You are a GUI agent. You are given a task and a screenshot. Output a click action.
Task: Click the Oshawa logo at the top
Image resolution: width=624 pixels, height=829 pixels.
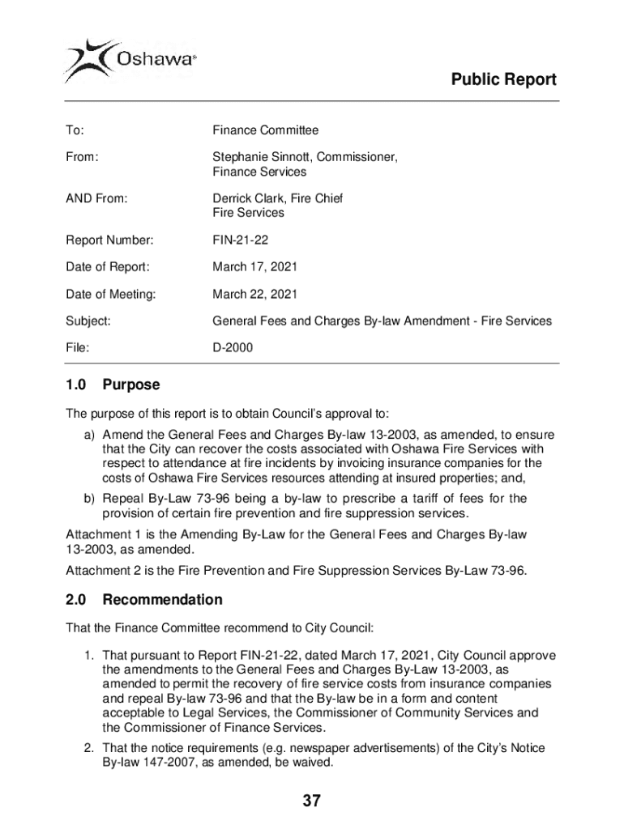pos(130,58)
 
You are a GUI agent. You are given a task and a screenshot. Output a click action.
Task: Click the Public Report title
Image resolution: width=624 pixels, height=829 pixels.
pos(503,79)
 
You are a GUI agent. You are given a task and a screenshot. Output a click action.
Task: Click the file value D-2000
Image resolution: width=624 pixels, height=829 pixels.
pos(233,348)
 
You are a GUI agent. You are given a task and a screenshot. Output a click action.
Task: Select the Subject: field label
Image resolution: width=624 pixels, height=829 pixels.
pos(88,321)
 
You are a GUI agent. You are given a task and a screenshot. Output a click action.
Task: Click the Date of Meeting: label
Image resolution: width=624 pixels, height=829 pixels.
pos(110,294)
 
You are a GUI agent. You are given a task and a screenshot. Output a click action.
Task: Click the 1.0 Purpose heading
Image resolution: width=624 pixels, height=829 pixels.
pos(113,385)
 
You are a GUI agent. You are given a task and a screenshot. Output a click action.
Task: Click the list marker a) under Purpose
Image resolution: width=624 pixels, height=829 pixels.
pos(90,435)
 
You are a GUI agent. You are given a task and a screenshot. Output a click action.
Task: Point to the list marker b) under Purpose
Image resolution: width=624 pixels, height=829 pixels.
pos(90,499)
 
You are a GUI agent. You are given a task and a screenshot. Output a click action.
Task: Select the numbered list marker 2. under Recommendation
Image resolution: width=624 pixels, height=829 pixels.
pos(89,748)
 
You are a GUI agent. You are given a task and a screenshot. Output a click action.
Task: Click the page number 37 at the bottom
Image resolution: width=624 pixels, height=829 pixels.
pos(312,801)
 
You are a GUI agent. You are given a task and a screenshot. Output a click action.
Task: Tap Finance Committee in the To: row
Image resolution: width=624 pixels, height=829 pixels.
pos(266,130)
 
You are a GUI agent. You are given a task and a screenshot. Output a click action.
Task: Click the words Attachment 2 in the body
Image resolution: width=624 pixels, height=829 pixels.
pos(101,572)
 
